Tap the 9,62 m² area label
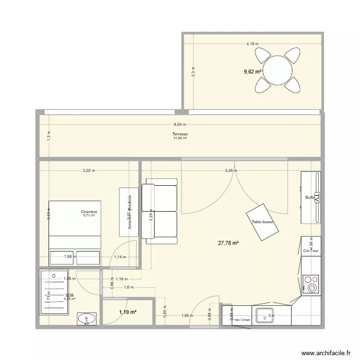click(253, 72)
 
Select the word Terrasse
click(180, 134)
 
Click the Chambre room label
click(89, 212)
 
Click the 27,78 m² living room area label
click(228, 243)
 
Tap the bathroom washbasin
click(87, 319)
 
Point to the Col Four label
click(311, 251)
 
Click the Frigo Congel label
click(241, 320)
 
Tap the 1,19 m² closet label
click(128, 312)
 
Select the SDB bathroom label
click(70, 295)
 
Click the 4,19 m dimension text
click(252, 44)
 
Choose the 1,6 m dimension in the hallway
click(128, 287)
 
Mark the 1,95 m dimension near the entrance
click(188, 315)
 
